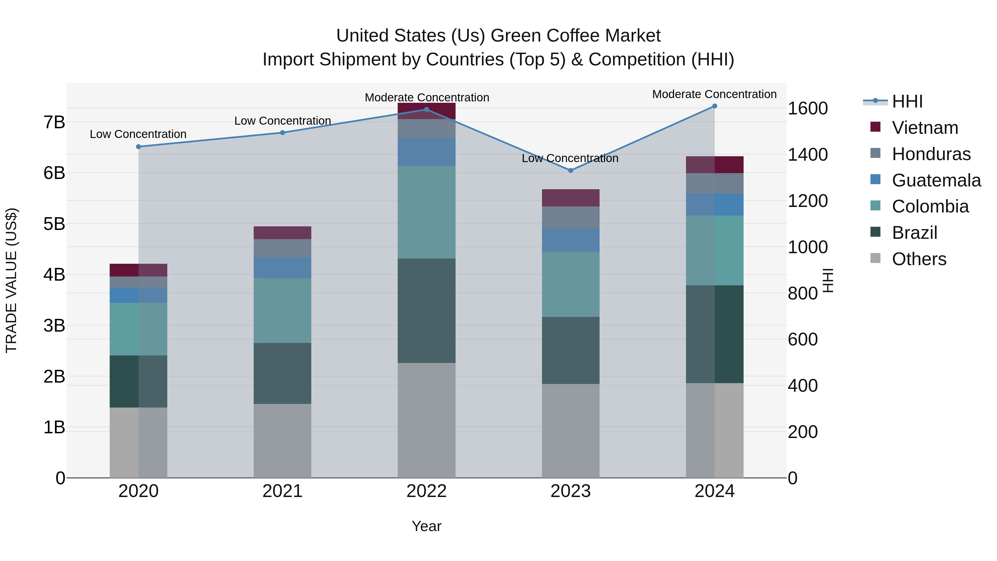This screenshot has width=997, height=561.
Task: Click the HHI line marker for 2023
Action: pos(571,170)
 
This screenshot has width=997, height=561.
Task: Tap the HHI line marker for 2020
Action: pos(138,147)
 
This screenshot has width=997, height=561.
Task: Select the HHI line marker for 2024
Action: pos(715,106)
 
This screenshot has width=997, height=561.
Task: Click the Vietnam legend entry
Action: pos(925,128)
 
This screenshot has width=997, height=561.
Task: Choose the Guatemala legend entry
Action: pos(936,180)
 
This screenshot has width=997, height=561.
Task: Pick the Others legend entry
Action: pos(919,259)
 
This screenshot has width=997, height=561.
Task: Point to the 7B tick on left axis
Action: pos(54,122)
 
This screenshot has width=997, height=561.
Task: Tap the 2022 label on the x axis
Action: pos(426,491)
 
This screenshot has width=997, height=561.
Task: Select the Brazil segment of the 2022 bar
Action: pos(426,311)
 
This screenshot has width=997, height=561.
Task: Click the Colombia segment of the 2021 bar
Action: pos(282,311)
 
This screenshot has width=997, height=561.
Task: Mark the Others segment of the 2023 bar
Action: pos(571,431)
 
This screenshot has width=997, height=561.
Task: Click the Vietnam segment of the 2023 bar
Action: pos(571,198)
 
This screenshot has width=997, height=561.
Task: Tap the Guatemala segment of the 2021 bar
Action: pos(282,268)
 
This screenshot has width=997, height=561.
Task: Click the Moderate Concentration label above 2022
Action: pos(427,98)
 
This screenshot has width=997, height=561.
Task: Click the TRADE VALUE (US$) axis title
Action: pos(12,280)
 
